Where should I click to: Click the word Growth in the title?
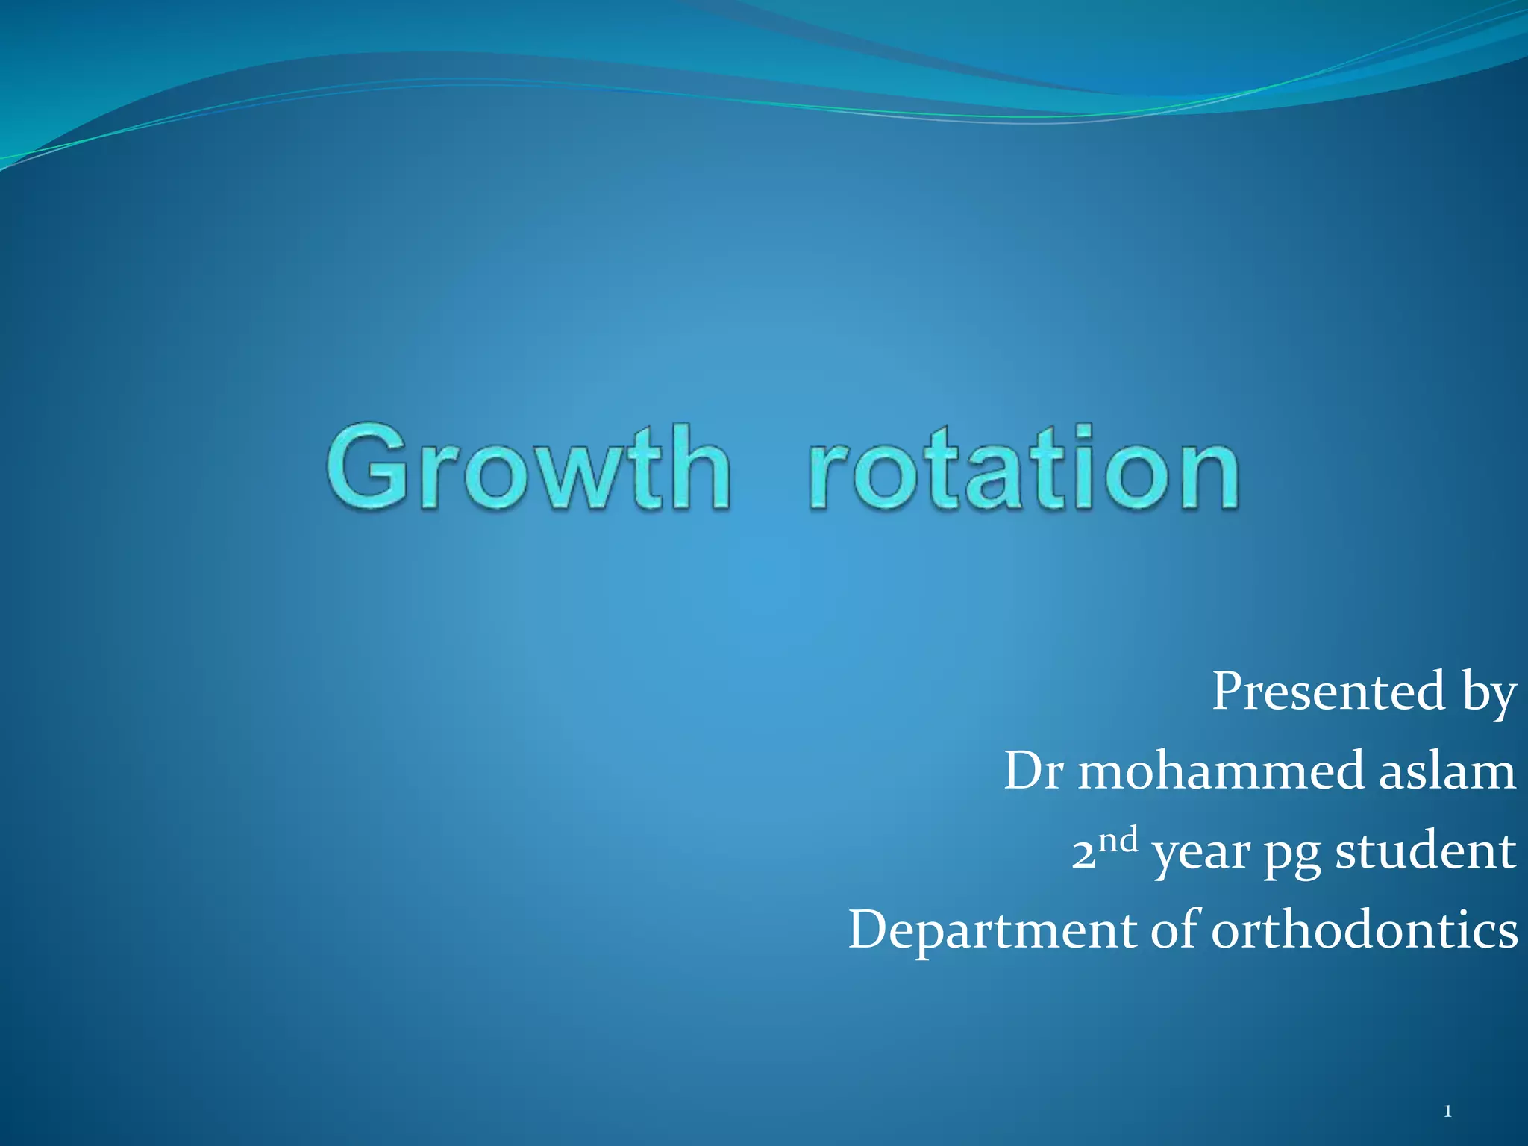[x=528, y=469]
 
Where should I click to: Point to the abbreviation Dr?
[x=1033, y=771]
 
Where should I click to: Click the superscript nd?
[x=1118, y=841]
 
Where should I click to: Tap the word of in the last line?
[x=1174, y=930]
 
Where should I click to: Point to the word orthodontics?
[x=1364, y=930]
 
